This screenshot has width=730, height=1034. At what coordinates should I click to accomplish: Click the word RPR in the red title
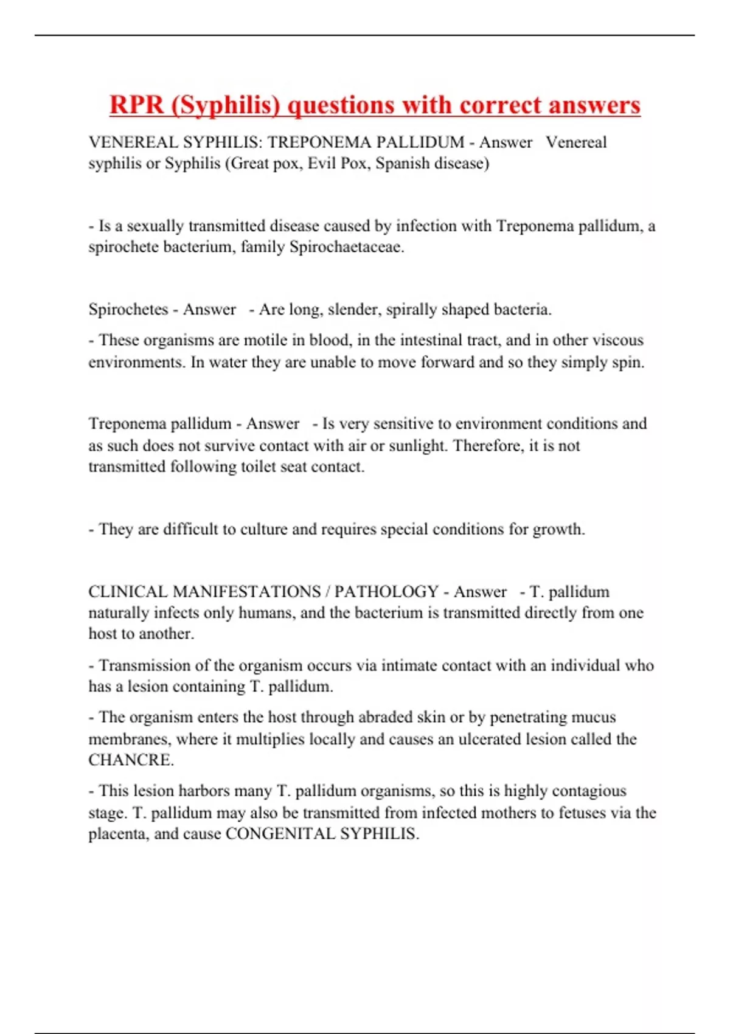click(137, 105)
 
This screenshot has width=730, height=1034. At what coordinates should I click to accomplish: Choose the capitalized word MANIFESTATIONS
click(246, 591)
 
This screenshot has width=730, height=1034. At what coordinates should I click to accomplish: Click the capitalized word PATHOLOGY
click(386, 591)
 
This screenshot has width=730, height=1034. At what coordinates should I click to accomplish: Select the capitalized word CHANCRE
click(131, 760)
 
